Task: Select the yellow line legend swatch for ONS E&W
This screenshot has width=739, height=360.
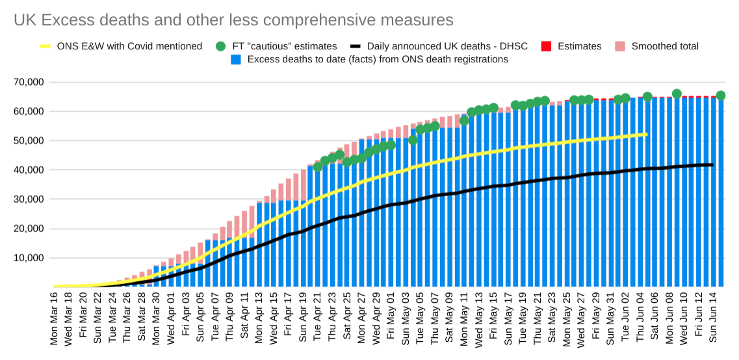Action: (x=45, y=46)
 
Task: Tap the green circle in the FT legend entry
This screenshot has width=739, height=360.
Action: (x=220, y=46)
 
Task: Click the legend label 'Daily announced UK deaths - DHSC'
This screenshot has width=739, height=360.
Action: (x=447, y=46)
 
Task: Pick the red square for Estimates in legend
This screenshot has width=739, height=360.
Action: (x=546, y=46)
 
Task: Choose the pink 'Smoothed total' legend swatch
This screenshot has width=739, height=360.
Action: (x=619, y=46)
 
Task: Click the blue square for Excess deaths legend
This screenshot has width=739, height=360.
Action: (x=237, y=59)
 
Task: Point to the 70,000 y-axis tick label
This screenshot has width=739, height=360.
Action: (x=28, y=83)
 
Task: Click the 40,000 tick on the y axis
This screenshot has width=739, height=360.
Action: (x=28, y=170)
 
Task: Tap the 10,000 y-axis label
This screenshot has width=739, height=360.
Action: (x=28, y=258)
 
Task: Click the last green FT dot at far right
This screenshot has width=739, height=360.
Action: (x=720, y=96)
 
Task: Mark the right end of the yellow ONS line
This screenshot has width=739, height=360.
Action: (x=646, y=135)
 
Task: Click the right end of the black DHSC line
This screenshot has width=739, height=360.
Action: (x=712, y=164)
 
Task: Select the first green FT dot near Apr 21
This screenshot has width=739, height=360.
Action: (x=318, y=167)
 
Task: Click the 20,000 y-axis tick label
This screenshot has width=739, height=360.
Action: (x=28, y=229)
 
